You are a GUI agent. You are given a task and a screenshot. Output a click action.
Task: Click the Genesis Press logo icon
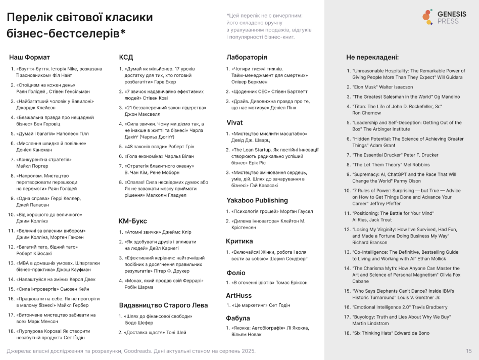[427, 17]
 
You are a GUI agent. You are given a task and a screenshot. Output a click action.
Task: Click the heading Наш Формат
[30, 57]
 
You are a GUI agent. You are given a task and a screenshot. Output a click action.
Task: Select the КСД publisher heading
[126, 57]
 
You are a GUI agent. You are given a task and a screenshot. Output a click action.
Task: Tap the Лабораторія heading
[247, 57]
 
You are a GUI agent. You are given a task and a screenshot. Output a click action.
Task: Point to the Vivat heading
[234, 122]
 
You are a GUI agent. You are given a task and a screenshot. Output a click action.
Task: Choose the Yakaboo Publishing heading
[257, 200]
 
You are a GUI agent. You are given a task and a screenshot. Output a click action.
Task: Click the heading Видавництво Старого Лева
[163, 305]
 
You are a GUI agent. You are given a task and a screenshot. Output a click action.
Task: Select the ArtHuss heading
[238, 295]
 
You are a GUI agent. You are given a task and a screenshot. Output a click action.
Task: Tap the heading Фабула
[238, 318]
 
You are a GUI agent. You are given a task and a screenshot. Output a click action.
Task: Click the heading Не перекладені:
[372, 57]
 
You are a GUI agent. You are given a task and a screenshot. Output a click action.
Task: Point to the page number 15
[469, 351]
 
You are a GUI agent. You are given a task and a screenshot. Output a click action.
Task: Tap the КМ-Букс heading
[132, 220]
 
